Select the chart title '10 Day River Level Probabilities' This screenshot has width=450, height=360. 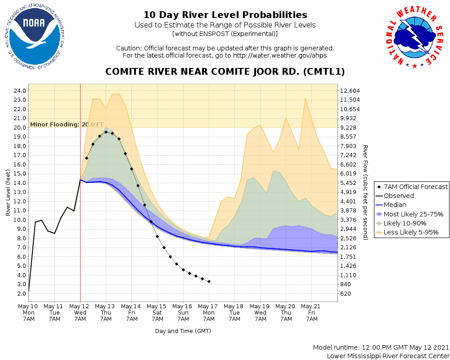(225, 15)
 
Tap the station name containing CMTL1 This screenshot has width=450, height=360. (225, 72)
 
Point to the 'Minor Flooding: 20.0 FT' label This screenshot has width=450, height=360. (67, 125)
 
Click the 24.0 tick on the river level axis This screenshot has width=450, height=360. (20, 90)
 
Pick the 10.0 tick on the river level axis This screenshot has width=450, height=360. (20, 220)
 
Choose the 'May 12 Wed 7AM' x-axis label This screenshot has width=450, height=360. (80, 312)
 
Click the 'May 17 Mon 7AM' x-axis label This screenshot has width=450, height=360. (209, 312)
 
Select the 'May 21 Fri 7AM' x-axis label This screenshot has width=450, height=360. (312, 312)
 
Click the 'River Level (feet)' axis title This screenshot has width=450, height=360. (8, 192)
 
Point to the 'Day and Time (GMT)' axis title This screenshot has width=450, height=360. (183, 331)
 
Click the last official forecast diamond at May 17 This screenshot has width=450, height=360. (209, 281)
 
